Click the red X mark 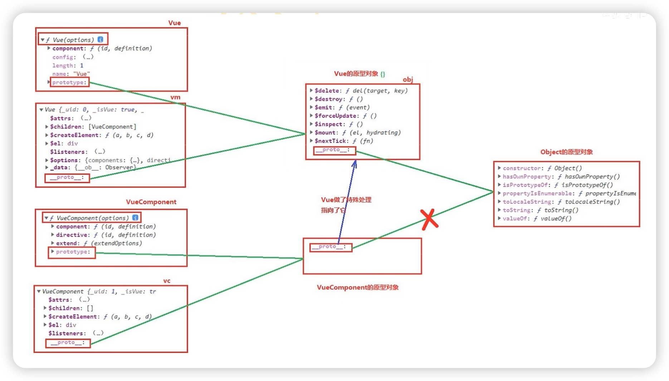(x=429, y=219)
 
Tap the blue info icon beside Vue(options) (x=101, y=39)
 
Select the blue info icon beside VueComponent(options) (x=135, y=218)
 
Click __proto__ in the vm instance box (x=67, y=178)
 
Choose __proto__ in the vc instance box (x=68, y=343)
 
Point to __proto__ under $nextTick (x=334, y=150)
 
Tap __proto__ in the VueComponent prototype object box (x=330, y=247)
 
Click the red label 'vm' (x=175, y=97)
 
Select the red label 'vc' (x=167, y=281)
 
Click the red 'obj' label (x=408, y=79)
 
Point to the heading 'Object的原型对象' (x=566, y=152)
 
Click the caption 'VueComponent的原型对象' (x=357, y=288)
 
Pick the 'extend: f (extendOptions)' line (x=99, y=243)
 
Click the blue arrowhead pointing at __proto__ (x=354, y=164)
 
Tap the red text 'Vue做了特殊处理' (x=346, y=200)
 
